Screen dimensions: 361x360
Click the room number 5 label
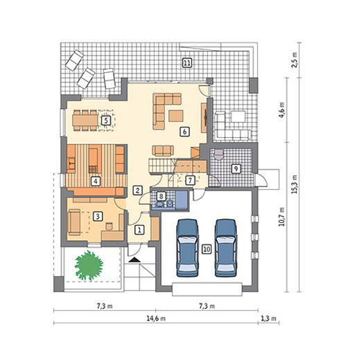(106, 120)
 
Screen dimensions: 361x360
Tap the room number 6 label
(184, 132)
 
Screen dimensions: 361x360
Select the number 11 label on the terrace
(187, 63)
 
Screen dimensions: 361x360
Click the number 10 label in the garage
(206, 249)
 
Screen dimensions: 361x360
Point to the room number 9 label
(236, 169)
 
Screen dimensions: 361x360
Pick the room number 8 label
(161, 197)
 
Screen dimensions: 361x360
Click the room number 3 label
(98, 217)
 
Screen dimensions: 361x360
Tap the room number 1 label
(139, 230)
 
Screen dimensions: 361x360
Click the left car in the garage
(188, 248)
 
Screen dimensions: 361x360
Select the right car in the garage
(226, 248)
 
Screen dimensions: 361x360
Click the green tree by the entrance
(89, 266)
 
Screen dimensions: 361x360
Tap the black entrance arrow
(134, 260)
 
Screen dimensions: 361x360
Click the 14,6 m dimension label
(156, 318)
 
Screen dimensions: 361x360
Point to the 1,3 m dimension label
(269, 318)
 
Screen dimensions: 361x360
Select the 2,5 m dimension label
(294, 60)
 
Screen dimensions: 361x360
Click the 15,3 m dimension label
(294, 184)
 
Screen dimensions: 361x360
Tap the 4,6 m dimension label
(282, 110)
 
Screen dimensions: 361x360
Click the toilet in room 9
(218, 154)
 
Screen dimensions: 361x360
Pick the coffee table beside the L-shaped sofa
(176, 116)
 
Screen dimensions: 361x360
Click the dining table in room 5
(85, 120)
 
